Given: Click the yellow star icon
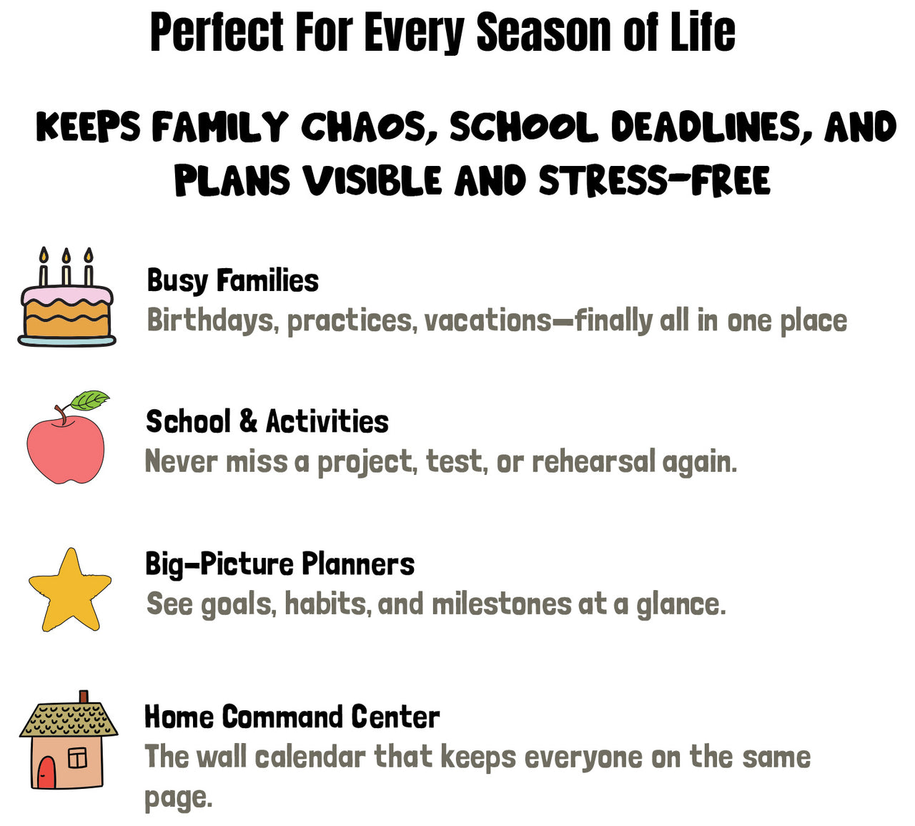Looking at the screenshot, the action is pos(70,589).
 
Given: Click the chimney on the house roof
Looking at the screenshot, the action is pos(84,698).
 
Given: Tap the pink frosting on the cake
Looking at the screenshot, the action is pos(66,296).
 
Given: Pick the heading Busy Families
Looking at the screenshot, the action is pos(232,280).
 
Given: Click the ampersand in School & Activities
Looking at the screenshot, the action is pos(248,421).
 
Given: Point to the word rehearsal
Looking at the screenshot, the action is pos(594,461).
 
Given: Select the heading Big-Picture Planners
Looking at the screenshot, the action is pos(280,564).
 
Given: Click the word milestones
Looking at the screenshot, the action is pos(501,604).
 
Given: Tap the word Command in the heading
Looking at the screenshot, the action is pos(283,717).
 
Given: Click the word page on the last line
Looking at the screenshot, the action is pos(178,798).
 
